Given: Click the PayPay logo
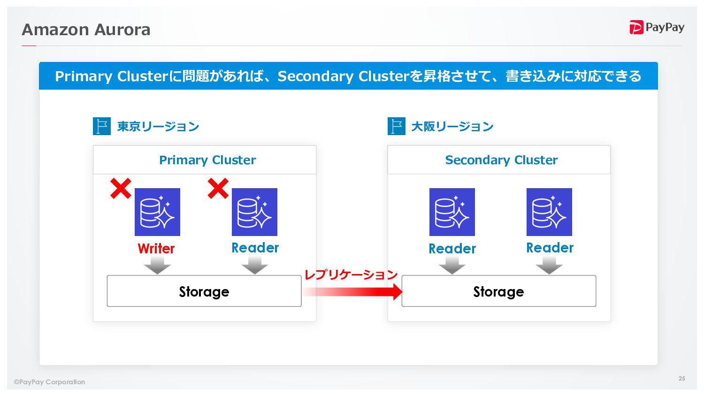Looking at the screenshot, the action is [x=657, y=28].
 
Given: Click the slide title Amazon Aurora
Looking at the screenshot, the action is [x=86, y=30].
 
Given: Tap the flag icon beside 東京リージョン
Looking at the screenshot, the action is [x=102, y=126].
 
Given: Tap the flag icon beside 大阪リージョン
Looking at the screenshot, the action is [x=396, y=126].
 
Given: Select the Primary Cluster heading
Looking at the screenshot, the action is [x=207, y=160].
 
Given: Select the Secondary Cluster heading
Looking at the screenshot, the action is [x=501, y=160].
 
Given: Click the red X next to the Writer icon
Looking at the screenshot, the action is [x=121, y=189].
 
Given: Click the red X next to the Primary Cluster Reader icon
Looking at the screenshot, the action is [x=218, y=189].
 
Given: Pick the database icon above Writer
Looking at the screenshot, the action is [x=157, y=212].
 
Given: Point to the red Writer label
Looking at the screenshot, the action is [x=156, y=248].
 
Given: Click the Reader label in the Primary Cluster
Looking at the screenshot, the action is [x=255, y=248].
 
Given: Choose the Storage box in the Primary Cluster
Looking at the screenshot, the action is [x=204, y=291].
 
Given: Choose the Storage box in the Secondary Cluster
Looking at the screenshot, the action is [x=498, y=291].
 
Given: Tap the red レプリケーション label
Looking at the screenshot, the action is [x=351, y=274].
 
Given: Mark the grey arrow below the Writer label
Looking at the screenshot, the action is [x=157, y=267].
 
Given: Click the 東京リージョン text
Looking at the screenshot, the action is [x=158, y=127].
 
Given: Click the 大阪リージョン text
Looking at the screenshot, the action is [x=452, y=127].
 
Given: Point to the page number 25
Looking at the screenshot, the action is [x=681, y=378].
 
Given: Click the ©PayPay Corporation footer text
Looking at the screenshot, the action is [x=49, y=382].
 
